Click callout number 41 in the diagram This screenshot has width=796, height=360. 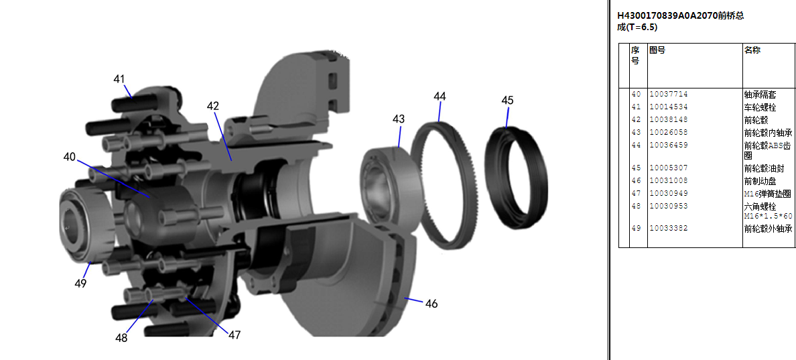click(119, 79)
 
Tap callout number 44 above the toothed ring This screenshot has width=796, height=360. click(440, 96)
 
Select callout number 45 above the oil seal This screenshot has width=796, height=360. click(507, 100)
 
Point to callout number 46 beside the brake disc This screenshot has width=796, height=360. click(431, 304)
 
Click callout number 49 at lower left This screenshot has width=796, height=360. click(80, 284)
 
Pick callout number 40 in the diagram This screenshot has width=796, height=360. click(70, 157)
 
